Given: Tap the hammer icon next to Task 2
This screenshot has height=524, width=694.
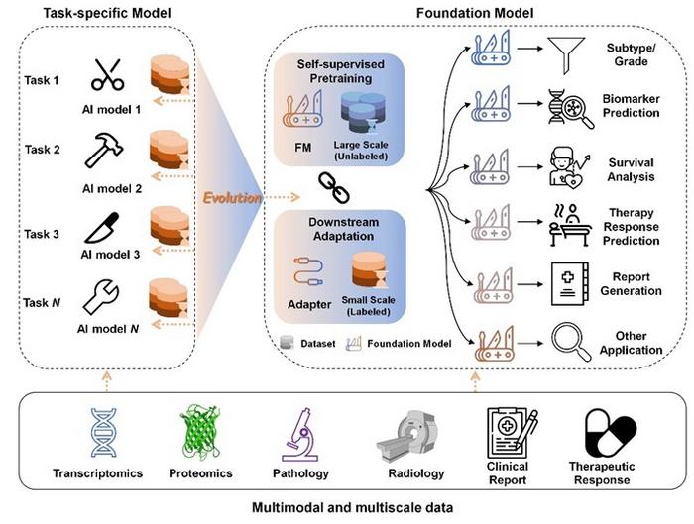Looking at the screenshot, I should click(x=102, y=150).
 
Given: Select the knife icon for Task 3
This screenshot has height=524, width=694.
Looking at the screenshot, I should click(x=102, y=224).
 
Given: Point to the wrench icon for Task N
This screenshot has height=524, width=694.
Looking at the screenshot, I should click(x=102, y=296).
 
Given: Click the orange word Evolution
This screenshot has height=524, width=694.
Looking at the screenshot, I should click(x=234, y=197).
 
